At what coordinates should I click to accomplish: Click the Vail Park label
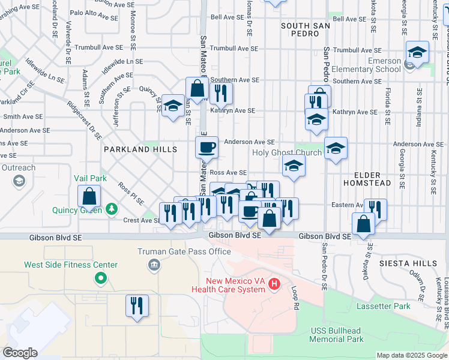click(90, 178)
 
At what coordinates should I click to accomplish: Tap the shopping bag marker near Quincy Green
click(89, 196)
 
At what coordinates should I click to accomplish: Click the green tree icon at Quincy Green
click(111, 209)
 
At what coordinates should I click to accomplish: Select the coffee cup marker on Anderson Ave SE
click(206, 146)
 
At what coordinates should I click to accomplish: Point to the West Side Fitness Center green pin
click(100, 278)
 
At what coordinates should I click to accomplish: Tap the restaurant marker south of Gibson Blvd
click(137, 305)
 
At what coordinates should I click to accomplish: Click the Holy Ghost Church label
click(286, 152)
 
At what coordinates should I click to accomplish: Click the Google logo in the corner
click(20, 353)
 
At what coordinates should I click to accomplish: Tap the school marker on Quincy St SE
click(173, 106)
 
